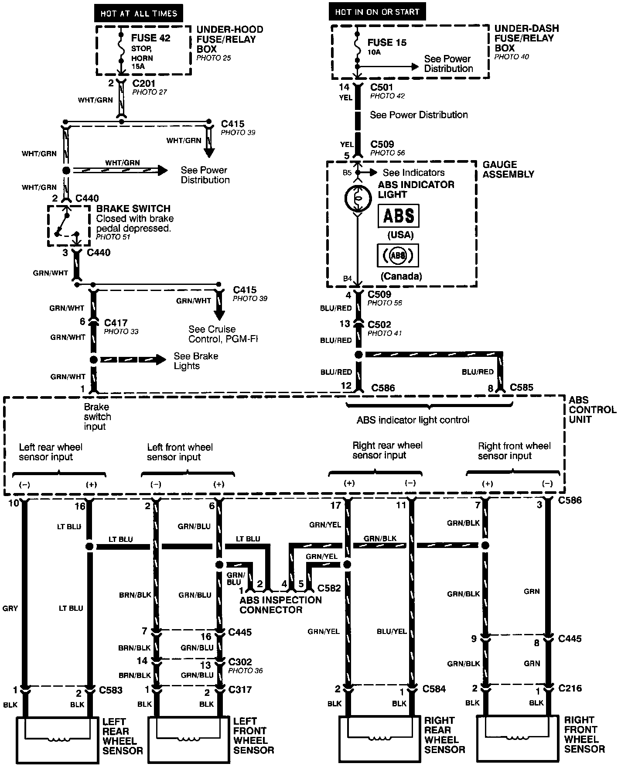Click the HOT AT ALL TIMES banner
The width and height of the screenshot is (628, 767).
click(139, 13)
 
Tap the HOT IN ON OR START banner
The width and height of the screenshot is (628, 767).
click(377, 12)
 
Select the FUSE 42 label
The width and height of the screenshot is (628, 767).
click(151, 38)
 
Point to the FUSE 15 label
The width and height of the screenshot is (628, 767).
click(387, 42)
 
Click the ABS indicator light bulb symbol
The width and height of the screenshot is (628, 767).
click(357, 199)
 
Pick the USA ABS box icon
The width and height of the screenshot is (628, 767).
click(398, 216)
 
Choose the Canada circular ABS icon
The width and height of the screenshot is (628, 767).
click(398, 255)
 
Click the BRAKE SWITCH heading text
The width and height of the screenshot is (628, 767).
click(133, 209)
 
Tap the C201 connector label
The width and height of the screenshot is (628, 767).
click(144, 83)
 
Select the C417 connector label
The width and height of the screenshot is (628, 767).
click(116, 323)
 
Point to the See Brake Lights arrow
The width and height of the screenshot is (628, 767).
click(133, 360)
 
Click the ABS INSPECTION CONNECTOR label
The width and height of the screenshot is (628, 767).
click(280, 605)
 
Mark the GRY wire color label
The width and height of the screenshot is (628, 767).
click(10, 608)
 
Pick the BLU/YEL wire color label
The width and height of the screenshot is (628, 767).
click(392, 631)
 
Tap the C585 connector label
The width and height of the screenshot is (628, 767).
click(522, 387)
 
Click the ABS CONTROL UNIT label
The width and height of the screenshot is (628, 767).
click(593, 410)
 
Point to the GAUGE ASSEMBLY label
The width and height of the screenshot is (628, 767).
click(508, 169)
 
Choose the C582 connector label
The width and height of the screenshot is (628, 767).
click(329, 588)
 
